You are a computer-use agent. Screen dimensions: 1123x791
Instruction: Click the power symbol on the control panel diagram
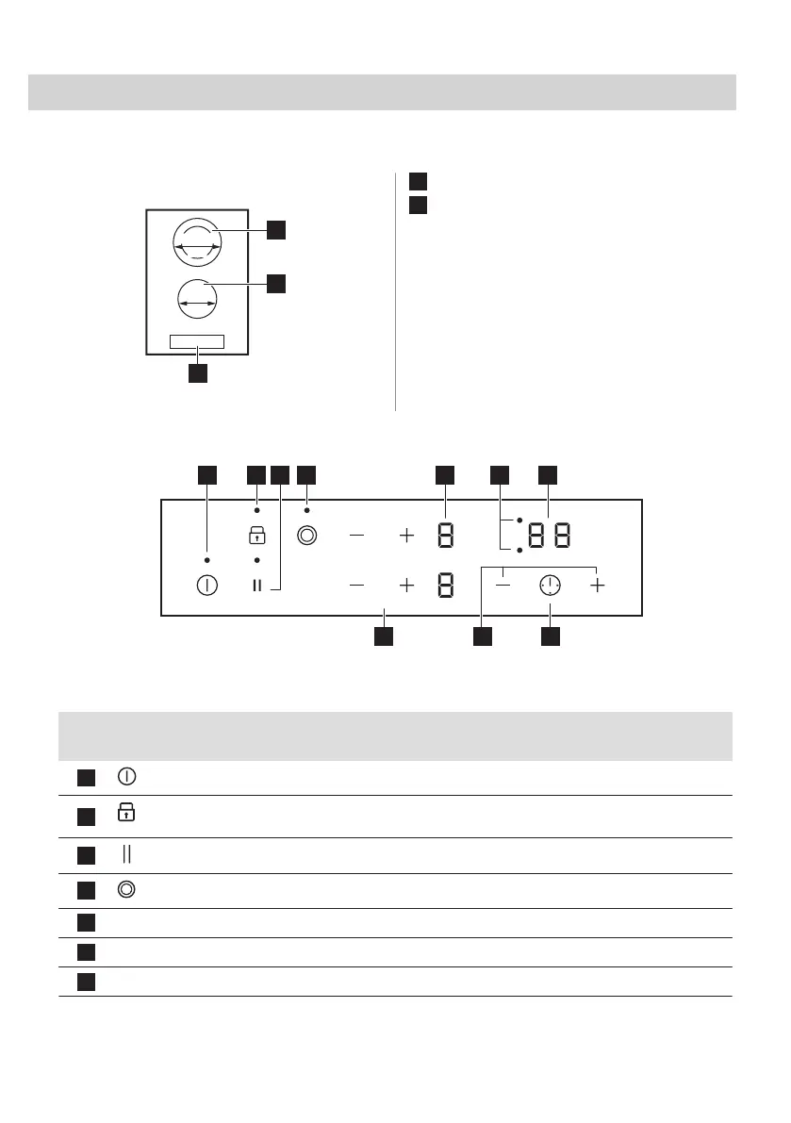point(206,586)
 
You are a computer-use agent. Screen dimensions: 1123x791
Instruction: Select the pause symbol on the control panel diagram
point(255,586)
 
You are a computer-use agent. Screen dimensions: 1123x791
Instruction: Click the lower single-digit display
point(446,586)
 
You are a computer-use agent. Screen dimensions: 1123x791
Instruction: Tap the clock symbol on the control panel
point(549,586)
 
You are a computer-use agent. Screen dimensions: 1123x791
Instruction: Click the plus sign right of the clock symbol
point(597,586)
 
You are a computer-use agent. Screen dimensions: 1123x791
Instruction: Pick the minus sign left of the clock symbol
point(503,586)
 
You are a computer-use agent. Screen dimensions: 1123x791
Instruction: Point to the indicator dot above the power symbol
point(206,561)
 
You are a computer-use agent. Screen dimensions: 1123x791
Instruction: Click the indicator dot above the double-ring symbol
point(306,510)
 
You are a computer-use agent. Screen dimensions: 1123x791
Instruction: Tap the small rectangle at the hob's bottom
point(197,341)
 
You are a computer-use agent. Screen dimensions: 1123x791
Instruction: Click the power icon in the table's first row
point(127,777)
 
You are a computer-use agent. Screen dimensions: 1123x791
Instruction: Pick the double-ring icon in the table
point(127,890)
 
